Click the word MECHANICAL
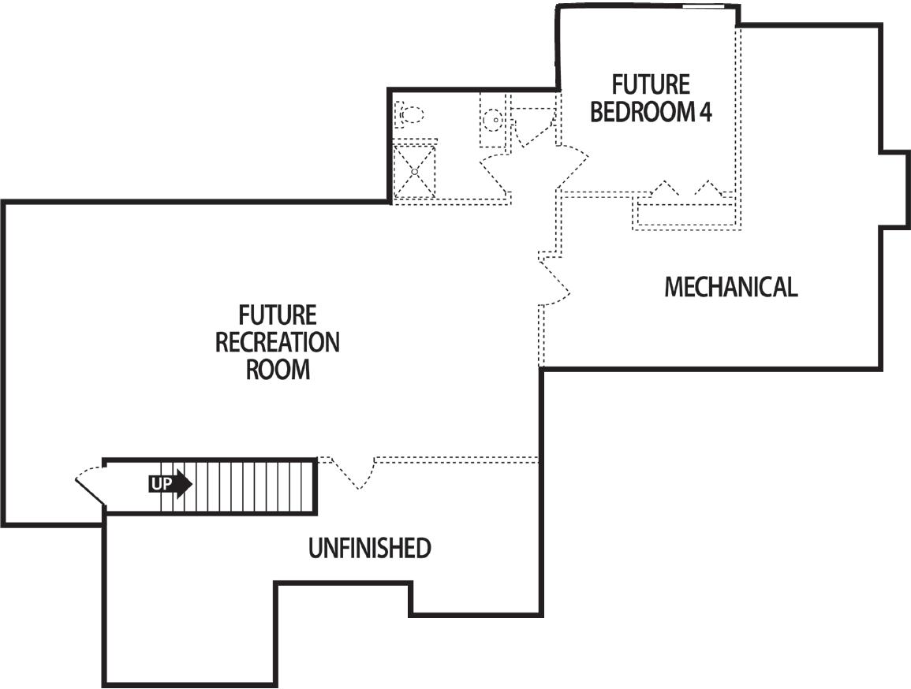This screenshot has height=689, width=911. click(730, 287)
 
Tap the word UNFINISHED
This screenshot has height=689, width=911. click(369, 549)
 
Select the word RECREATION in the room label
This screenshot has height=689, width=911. click(278, 343)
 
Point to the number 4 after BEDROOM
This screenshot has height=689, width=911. click(705, 112)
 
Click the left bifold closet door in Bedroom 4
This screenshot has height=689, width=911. click(667, 189)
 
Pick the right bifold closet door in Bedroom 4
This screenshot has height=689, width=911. click(708, 189)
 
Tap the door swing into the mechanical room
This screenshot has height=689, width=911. click(555, 281)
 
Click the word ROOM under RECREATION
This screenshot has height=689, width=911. click(278, 369)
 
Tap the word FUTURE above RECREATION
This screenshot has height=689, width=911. click(278, 316)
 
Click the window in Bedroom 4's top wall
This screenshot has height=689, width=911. click(704, 7)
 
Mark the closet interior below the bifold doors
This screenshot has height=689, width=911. click(685, 215)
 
